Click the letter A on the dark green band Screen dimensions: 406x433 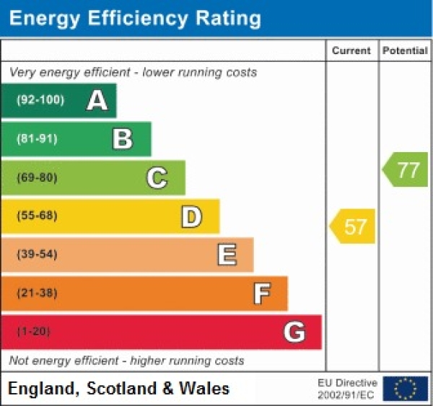pos(97,101)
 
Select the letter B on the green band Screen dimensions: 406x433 pos(123,139)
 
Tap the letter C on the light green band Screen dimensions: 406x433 pos(157,177)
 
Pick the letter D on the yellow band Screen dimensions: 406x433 pos(191,216)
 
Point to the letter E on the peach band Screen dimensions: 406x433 pos(227,255)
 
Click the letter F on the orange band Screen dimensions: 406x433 pos(261,294)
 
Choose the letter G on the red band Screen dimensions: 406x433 pos(294,332)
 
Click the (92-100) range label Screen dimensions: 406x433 pos(40,100)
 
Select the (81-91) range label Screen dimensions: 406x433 pos(37,139)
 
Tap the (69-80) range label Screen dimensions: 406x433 pos(37,177)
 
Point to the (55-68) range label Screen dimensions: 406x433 pos(37,216)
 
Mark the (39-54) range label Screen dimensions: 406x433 pos(37,255)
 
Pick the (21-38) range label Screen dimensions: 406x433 pos(37,294)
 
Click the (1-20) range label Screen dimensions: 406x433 pos(34,332)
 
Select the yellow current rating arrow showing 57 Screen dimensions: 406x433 pos(353,226)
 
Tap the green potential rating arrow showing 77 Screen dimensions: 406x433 pos(406,170)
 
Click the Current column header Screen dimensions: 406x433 pos(351,50)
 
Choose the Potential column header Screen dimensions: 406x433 pos(406,50)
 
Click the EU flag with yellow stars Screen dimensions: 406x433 pos(406,388)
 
